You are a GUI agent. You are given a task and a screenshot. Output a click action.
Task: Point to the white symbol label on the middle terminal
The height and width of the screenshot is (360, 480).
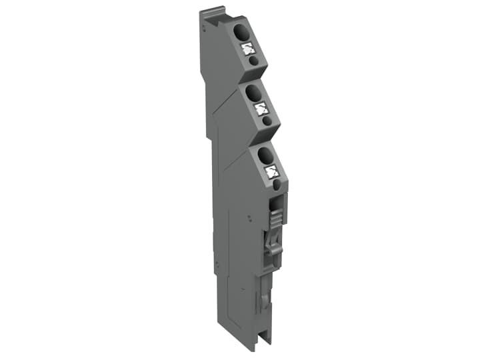click(x=261, y=108)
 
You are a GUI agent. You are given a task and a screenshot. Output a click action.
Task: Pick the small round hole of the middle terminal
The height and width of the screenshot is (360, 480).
click(x=267, y=121)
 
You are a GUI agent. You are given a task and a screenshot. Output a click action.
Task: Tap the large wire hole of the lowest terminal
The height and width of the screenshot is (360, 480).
click(x=264, y=155)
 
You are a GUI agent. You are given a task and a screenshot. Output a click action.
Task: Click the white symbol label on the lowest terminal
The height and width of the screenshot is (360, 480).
click(x=271, y=172)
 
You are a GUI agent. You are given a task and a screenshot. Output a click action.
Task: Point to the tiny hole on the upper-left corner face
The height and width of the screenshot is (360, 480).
click(x=203, y=31)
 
